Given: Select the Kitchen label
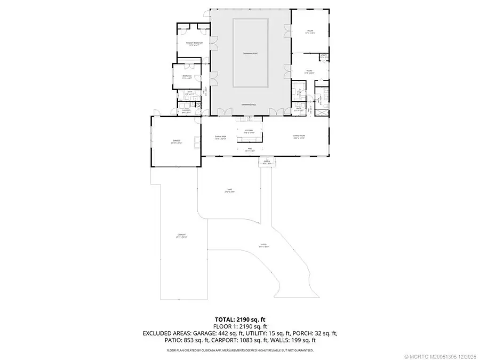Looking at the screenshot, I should (249, 132).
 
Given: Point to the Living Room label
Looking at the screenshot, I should (298, 137).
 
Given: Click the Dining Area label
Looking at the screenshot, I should (221, 137).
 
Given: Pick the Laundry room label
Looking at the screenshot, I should (186, 111).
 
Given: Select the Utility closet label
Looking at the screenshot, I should (323, 56).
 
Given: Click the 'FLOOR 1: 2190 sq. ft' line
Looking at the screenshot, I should (239, 325).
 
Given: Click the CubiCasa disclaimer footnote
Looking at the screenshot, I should (239, 350).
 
